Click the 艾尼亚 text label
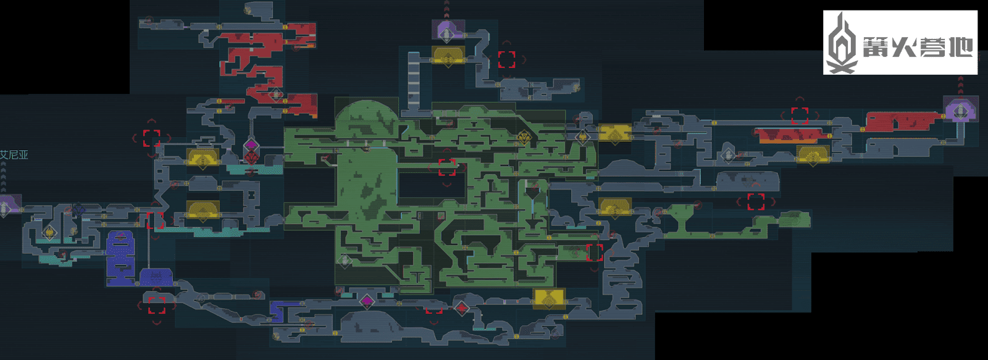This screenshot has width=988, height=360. click(x=14, y=154)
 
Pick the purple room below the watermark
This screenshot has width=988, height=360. click(x=960, y=109)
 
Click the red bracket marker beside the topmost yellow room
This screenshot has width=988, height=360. click(x=507, y=59)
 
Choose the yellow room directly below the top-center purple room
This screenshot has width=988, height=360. click(x=448, y=56)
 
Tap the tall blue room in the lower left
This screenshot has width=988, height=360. click(x=120, y=254)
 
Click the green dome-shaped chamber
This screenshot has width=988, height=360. click(x=366, y=119)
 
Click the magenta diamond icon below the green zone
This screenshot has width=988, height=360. click(x=367, y=301)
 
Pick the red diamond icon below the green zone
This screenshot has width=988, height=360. click(x=461, y=307)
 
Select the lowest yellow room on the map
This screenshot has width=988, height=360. click(x=548, y=298)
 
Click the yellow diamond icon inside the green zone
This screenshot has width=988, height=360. click(x=525, y=137)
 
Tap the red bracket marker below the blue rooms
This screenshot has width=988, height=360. click(x=157, y=305)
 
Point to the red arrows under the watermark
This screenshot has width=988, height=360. click(x=960, y=85)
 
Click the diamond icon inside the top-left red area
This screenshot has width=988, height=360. click(x=275, y=94)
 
